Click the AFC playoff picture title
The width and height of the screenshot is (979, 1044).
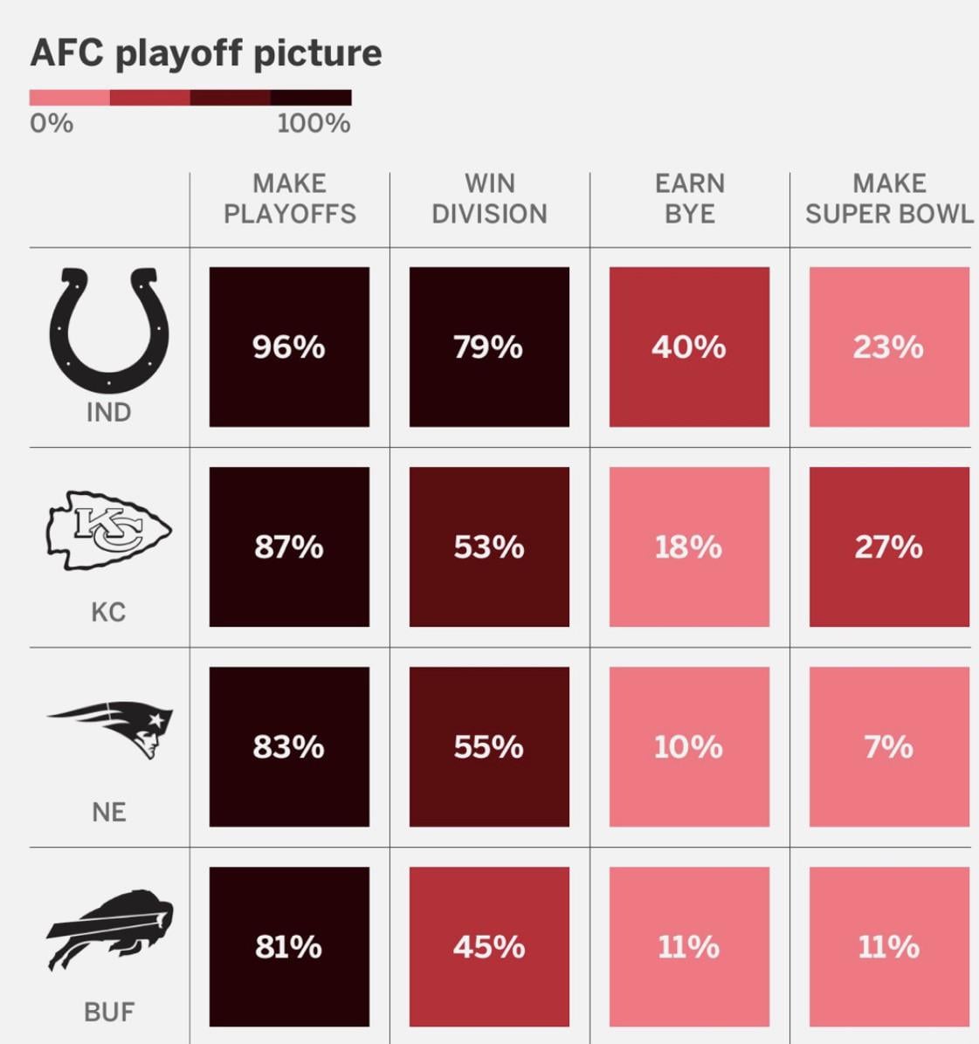tap(206, 53)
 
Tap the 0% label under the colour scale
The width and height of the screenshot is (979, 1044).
tap(52, 123)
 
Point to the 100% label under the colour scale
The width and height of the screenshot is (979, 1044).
tap(314, 123)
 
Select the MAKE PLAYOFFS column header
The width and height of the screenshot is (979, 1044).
tap(289, 198)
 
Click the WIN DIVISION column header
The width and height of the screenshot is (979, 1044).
tap(489, 198)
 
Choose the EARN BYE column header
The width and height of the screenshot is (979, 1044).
tap(689, 198)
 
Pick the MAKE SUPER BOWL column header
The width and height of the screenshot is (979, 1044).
tap(888, 198)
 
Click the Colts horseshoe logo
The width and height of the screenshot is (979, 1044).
tap(109, 330)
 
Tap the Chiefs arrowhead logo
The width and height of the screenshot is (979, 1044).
tap(109, 530)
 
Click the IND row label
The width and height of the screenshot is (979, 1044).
tap(109, 412)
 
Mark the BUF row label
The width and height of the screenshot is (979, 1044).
tap(109, 1012)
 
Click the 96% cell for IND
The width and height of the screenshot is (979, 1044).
tap(289, 347)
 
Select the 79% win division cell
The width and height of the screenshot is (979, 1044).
tap(489, 347)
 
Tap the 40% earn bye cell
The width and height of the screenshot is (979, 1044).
tap(689, 347)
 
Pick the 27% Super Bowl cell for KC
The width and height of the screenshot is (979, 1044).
tap(888, 546)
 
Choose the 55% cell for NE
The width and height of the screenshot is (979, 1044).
tap(489, 746)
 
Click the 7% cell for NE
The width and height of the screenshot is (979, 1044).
tap(888, 746)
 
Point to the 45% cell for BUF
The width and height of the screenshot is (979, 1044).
tap(489, 946)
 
